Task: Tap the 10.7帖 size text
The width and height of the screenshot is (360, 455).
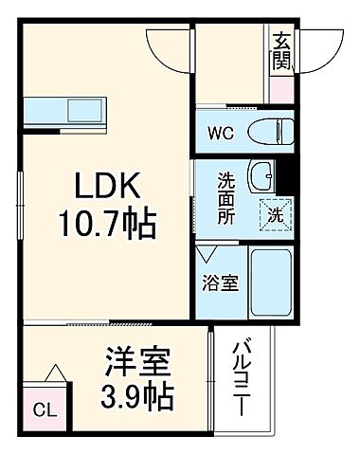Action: coord(103,226)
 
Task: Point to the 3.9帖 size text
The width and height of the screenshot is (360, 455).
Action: coord(137,396)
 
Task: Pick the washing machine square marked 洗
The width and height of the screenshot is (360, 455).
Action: coord(274,215)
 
